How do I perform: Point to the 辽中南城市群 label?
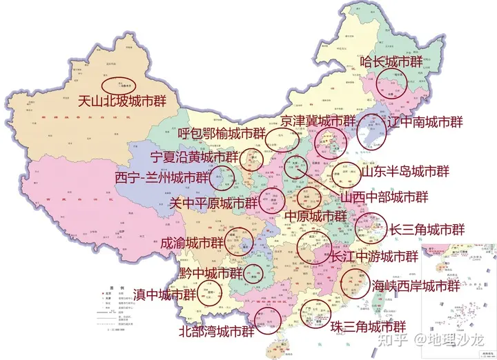tap(425, 122)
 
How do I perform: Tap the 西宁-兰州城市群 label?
tap(162, 177)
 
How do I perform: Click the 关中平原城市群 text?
tap(213, 203)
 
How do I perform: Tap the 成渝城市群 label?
tap(192, 243)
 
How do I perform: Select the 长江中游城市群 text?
tap(374, 257)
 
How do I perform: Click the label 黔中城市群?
tap(211, 273)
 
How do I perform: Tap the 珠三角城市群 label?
tap(368, 326)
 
